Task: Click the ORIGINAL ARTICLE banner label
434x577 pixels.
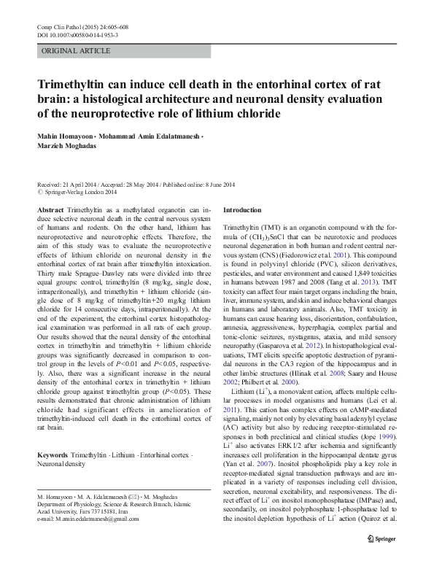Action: tap(76, 51)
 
